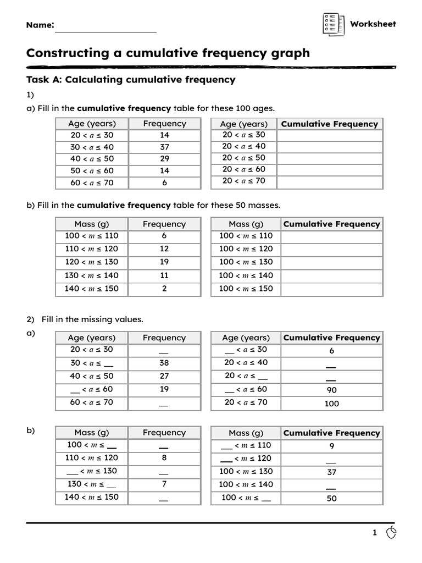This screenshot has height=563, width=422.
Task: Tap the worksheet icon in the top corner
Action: tap(332, 24)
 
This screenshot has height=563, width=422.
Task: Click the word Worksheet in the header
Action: tap(373, 24)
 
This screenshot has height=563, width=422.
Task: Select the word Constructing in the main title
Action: tap(75, 53)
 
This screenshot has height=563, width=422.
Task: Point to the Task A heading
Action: tap(131, 80)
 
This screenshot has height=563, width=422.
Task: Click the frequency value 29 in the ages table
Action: tap(164, 159)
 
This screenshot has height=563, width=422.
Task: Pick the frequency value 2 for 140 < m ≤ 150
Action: tap(164, 289)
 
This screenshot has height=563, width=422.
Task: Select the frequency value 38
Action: tap(164, 363)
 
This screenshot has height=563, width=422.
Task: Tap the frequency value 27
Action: tap(164, 377)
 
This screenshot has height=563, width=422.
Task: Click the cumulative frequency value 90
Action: tap(331, 390)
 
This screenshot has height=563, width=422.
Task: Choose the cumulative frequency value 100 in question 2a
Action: tap(331, 404)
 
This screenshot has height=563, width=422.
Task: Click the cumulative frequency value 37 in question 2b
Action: tap(331, 472)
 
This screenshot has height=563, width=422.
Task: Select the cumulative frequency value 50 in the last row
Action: tap(331, 499)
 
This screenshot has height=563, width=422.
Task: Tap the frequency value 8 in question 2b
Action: tap(164, 457)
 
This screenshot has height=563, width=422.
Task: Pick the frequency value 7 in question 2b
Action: tap(164, 484)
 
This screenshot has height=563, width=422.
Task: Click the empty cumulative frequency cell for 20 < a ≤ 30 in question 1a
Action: tap(330, 135)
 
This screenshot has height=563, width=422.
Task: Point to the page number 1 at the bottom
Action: tap(375, 533)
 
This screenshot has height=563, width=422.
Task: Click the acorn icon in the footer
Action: tap(391, 532)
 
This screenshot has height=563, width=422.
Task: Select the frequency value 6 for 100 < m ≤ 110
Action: tap(164, 236)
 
